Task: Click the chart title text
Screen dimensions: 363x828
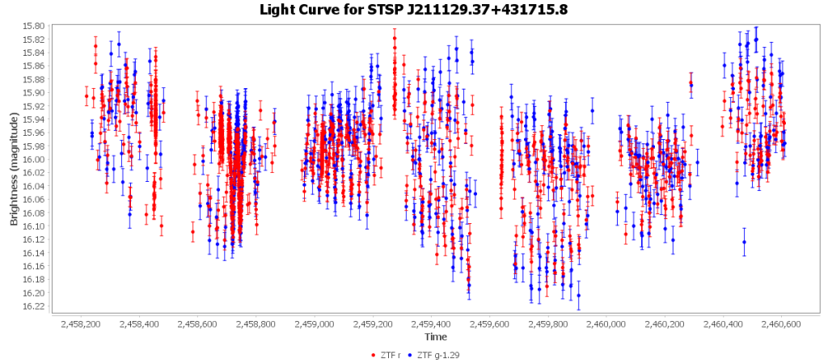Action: (413, 10)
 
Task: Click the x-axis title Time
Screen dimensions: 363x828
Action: (435, 336)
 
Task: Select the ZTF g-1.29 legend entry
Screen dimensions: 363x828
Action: (436, 354)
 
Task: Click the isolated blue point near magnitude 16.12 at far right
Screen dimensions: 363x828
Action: (744, 242)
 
